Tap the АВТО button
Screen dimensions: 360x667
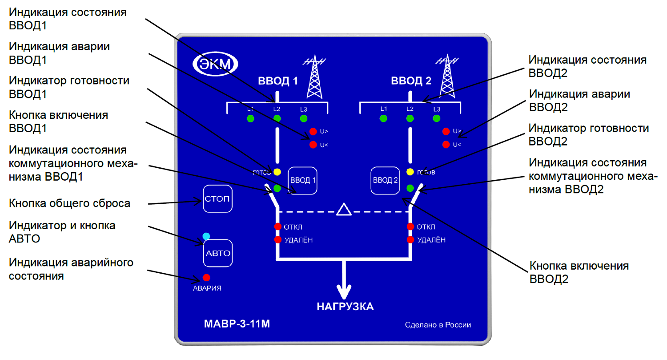(218, 253)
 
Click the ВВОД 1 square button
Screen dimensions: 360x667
(303, 180)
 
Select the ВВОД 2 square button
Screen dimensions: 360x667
(386, 180)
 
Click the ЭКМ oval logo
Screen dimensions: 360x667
(215, 64)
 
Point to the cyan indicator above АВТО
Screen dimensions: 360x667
(206, 236)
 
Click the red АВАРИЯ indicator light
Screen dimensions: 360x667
(206, 278)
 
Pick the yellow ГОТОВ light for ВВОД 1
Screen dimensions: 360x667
(277, 172)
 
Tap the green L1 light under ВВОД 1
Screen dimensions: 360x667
(250, 119)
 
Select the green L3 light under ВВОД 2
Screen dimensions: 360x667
(437, 118)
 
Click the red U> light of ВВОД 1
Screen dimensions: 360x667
(313, 131)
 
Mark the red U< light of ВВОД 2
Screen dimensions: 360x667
(446, 145)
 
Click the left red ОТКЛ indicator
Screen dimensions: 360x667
(278, 227)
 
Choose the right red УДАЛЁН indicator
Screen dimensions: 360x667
(411, 240)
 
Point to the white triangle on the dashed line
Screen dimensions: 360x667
(344, 210)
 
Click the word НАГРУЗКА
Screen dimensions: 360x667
(345, 306)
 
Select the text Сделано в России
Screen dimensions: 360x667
(438, 325)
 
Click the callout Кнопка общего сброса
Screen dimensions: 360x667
(70, 204)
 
